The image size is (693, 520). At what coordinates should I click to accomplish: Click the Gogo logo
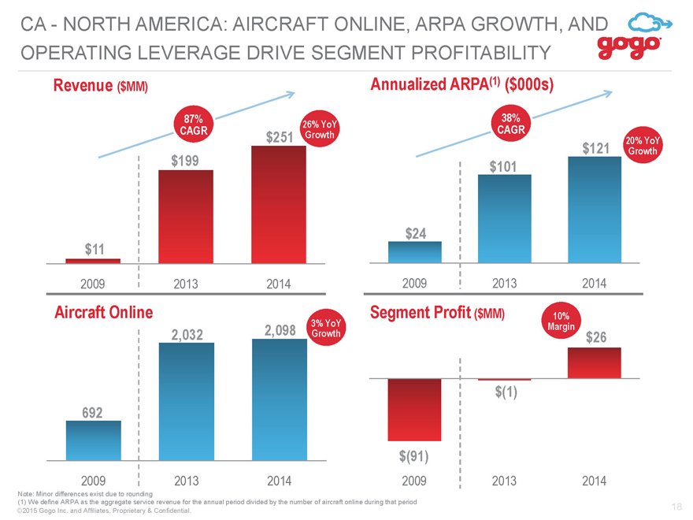pyautogui.click(x=635, y=36)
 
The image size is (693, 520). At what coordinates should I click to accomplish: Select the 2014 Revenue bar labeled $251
pyautogui.click(x=279, y=204)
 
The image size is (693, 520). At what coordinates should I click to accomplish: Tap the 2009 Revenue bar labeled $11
pyautogui.click(x=93, y=261)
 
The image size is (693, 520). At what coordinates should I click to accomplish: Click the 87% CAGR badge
pyautogui.click(x=194, y=124)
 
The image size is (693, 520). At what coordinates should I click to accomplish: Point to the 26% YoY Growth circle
pyautogui.click(x=320, y=129)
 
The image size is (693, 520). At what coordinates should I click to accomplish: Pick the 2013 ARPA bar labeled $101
pyautogui.click(x=504, y=218)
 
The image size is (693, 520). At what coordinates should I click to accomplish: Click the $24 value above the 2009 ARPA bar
pyautogui.click(x=416, y=233)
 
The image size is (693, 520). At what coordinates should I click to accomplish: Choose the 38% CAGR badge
pyautogui.click(x=511, y=124)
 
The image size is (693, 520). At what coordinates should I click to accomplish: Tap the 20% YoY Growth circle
pyautogui.click(x=643, y=146)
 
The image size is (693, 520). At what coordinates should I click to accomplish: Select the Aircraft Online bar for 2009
pyautogui.click(x=93, y=440)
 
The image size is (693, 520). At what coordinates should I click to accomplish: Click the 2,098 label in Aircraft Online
pyautogui.click(x=280, y=330)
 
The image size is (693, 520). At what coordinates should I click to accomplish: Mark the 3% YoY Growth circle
pyautogui.click(x=326, y=328)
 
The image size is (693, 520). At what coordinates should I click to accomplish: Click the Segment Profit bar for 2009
pyautogui.click(x=414, y=410)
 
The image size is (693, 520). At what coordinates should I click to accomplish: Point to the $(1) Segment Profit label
pyautogui.click(x=506, y=392)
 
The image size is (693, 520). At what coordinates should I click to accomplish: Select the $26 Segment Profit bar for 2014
pyautogui.click(x=595, y=362)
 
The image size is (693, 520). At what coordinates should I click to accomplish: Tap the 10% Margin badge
pyautogui.click(x=561, y=321)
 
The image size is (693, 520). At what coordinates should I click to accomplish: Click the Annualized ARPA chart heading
pyautogui.click(x=461, y=84)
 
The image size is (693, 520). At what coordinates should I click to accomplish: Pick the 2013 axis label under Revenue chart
pyautogui.click(x=186, y=284)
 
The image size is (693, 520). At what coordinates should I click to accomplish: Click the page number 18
pyautogui.click(x=676, y=507)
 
